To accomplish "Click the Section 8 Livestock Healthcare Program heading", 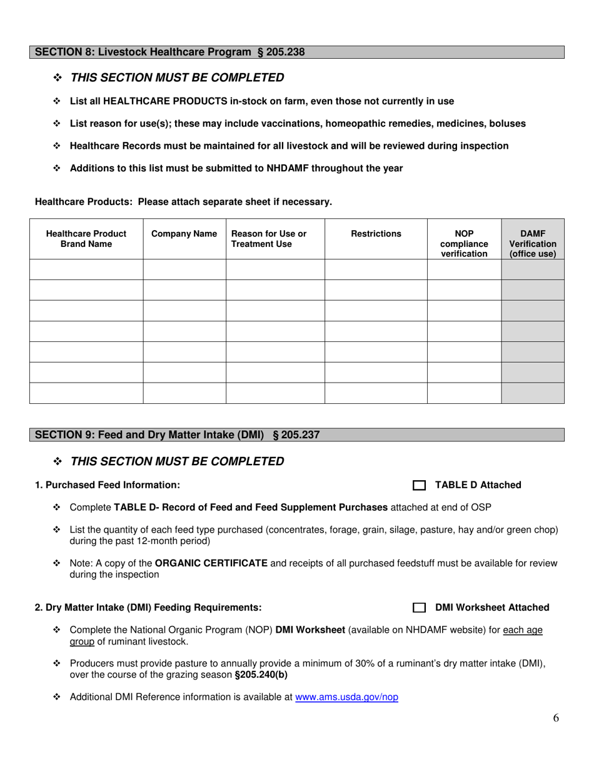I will pos(169,53).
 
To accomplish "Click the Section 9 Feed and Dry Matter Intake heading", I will pos(177,435).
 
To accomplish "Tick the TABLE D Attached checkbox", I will pos(419,486).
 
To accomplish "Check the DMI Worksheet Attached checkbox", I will pos(419,608).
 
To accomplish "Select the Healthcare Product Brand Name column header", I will pos(86,239).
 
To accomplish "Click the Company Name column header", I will pos(184,234).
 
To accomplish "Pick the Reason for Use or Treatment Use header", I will pos(269,239).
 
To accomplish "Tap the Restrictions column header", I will pos(376,234).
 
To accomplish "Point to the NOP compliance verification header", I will pos(464,244).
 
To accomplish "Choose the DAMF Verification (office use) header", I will pos(533,244).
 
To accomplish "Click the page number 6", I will pos(556,718).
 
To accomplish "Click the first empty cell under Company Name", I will pos(184,269).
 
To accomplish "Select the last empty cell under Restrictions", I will pos(376,393).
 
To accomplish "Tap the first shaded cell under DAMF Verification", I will pos(533,269).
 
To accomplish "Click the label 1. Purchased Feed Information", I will pos(108,485).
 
